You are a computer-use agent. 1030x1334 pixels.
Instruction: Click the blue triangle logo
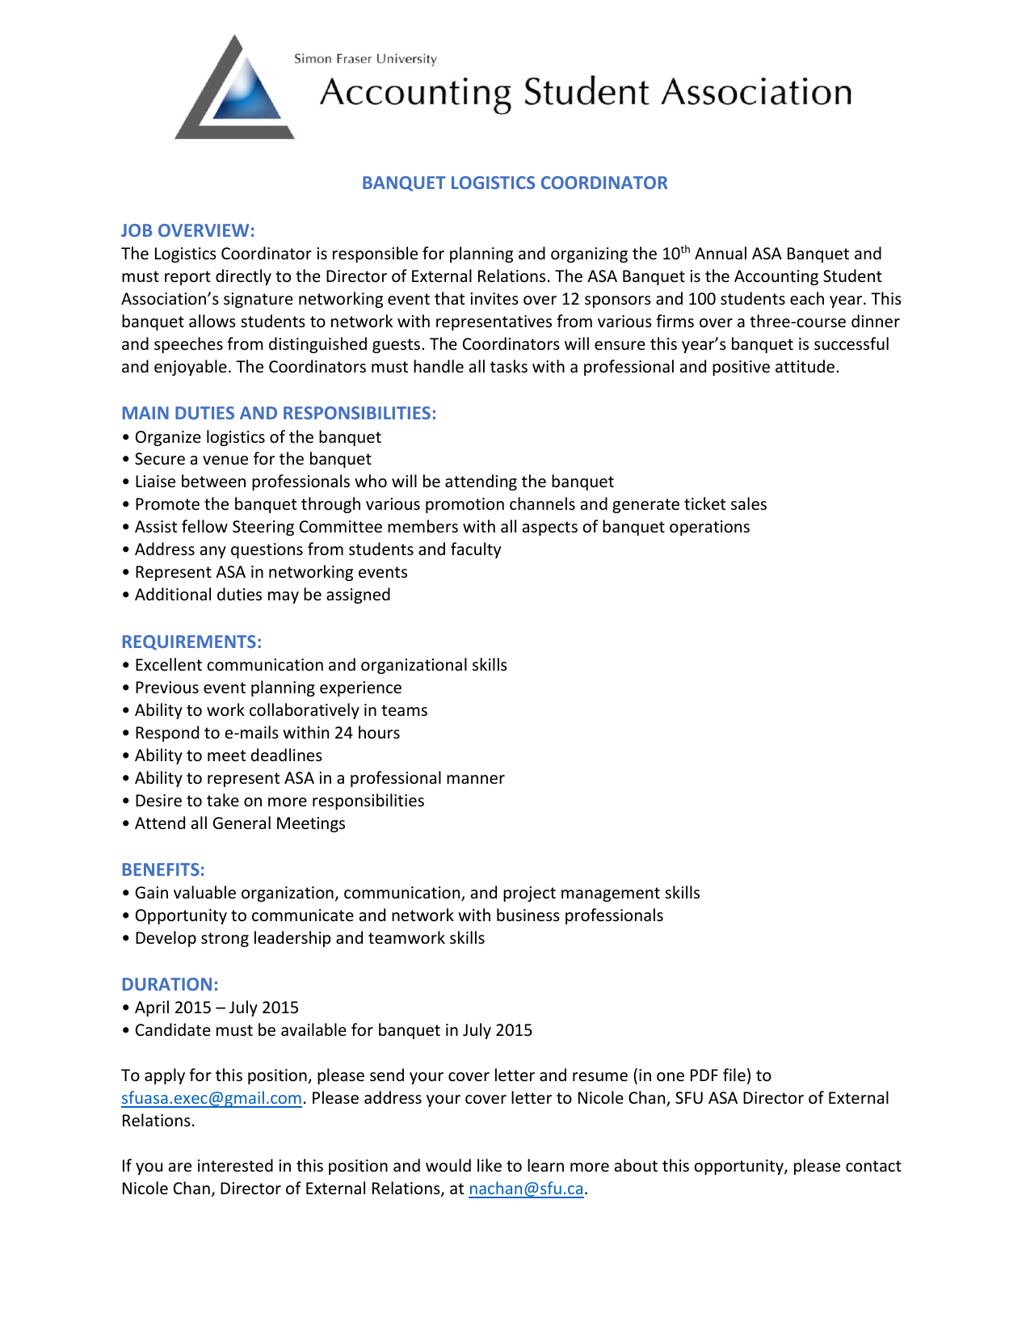[x=235, y=90]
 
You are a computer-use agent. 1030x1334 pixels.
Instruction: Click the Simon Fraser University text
[x=365, y=59]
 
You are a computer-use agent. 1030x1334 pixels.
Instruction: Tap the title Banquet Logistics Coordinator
[x=515, y=183]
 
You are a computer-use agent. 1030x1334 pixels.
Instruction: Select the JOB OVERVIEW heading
[x=187, y=231]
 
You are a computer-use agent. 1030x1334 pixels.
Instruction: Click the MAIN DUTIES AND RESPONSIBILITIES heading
[x=279, y=414]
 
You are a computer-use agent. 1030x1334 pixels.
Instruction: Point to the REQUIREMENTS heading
[x=191, y=642]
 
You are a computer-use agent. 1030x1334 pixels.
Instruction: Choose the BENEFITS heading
[x=162, y=870]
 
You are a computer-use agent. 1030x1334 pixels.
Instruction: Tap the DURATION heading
[x=170, y=985]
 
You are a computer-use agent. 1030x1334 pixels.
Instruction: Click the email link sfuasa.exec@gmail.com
[x=212, y=1099]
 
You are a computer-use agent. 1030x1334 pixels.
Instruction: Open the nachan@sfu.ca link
[x=526, y=1189]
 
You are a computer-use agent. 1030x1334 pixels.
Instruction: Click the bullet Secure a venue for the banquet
[x=252, y=460]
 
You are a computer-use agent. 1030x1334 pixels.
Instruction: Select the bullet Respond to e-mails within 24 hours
[x=267, y=734]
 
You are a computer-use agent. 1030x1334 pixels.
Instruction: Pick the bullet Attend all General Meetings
[x=239, y=824]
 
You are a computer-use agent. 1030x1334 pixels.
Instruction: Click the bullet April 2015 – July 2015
[x=216, y=1008]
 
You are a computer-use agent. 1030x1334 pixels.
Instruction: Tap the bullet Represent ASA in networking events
[x=271, y=573]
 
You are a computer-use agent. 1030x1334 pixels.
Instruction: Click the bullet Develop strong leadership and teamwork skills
[x=309, y=939]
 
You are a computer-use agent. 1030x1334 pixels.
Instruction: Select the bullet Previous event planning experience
[x=267, y=688]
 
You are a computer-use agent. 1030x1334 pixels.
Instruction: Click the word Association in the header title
[x=757, y=93]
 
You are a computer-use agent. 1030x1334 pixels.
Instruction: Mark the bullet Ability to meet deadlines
[x=228, y=756]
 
